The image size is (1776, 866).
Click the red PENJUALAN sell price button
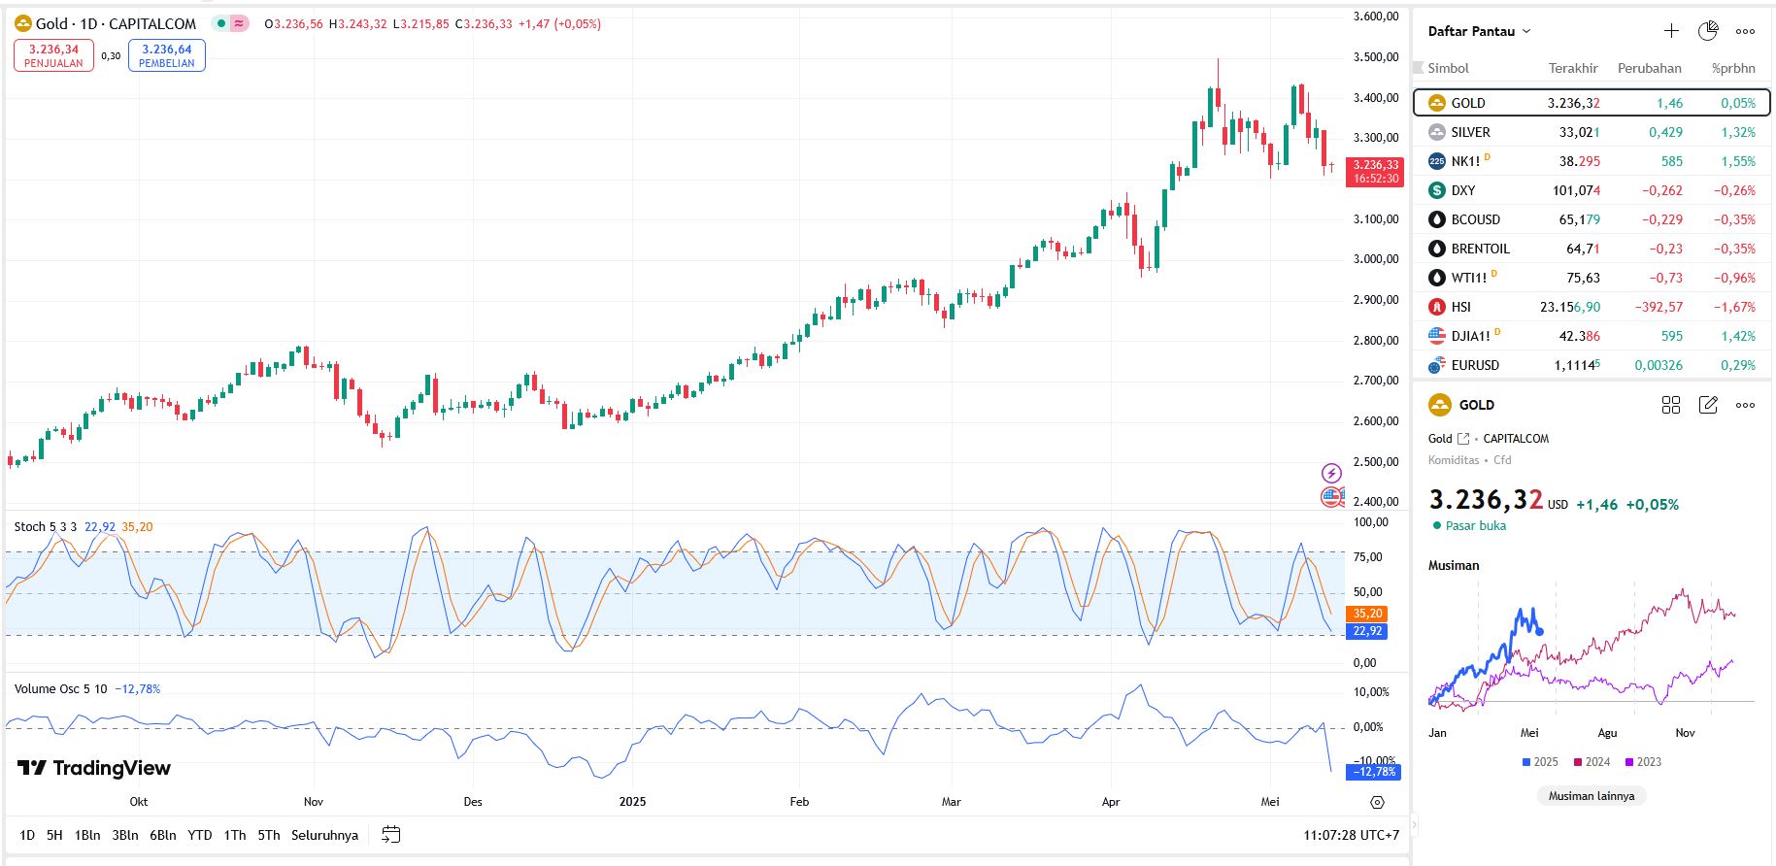click(x=53, y=55)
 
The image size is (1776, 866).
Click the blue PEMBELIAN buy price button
click(x=166, y=55)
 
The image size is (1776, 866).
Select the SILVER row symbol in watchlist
click(x=1470, y=132)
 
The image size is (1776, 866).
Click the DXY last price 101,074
click(x=1575, y=190)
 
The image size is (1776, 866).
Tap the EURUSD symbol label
click(x=1475, y=365)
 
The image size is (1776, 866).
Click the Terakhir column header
click(x=1572, y=68)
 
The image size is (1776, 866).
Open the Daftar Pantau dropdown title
click(x=1479, y=31)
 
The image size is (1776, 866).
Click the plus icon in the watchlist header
click(x=1671, y=31)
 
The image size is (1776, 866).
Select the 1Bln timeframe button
click(x=87, y=835)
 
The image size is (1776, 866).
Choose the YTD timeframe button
click(x=199, y=835)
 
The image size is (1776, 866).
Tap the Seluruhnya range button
click(x=324, y=835)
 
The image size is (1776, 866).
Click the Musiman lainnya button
click(x=1591, y=796)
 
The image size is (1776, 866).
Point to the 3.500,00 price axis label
click(x=1376, y=57)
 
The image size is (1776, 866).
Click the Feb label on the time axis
click(x=799, y=802)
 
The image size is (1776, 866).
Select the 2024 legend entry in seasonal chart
click(x=1592, y=762)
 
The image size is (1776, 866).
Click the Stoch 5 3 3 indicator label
click(x=45, y=527)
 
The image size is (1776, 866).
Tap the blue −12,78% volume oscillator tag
click(x=1372, y=772)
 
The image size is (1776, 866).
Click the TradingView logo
click(x=94, y=768)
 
